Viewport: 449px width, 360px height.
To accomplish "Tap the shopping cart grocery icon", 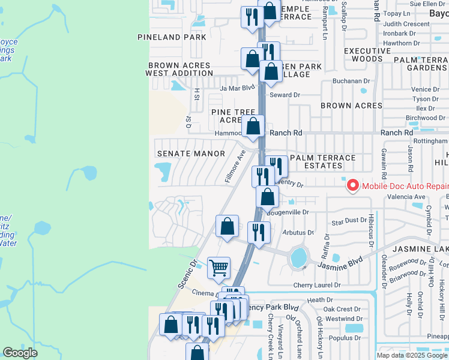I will pyautogui.click(x=218, y=267).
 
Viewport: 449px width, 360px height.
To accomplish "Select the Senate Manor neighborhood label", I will pyautogui.click(x=190, y=154).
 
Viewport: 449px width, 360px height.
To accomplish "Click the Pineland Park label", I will pyautogui.click(x=172, y=37).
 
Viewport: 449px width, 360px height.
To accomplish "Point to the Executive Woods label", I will pyautogui.click(x=363, y=55).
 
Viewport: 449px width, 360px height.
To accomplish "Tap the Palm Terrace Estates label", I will pyautogui.click(x=323, y=162).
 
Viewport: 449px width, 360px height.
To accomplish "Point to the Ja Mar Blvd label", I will pyautogui.click(x=234, y=88).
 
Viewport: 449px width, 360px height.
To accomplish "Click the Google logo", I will pyautogui.click(x=20, y=353).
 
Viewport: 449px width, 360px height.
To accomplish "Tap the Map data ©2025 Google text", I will pyautogui.click(x=411, y=355).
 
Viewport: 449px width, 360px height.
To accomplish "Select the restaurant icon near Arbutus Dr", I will pyautogui.click(x=259, y=232).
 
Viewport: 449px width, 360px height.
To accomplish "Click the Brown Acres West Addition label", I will pyautogui.click(x=179, y=69).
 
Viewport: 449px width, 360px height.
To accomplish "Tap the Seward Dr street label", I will pyautogui.click(x=285, y=95).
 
